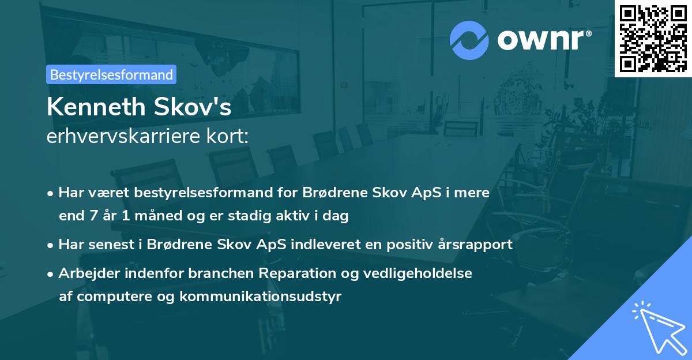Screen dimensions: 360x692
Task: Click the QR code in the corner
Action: [653, 38]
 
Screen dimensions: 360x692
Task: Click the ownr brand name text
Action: [544, 40]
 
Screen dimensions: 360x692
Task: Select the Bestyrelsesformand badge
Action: [111, 74]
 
